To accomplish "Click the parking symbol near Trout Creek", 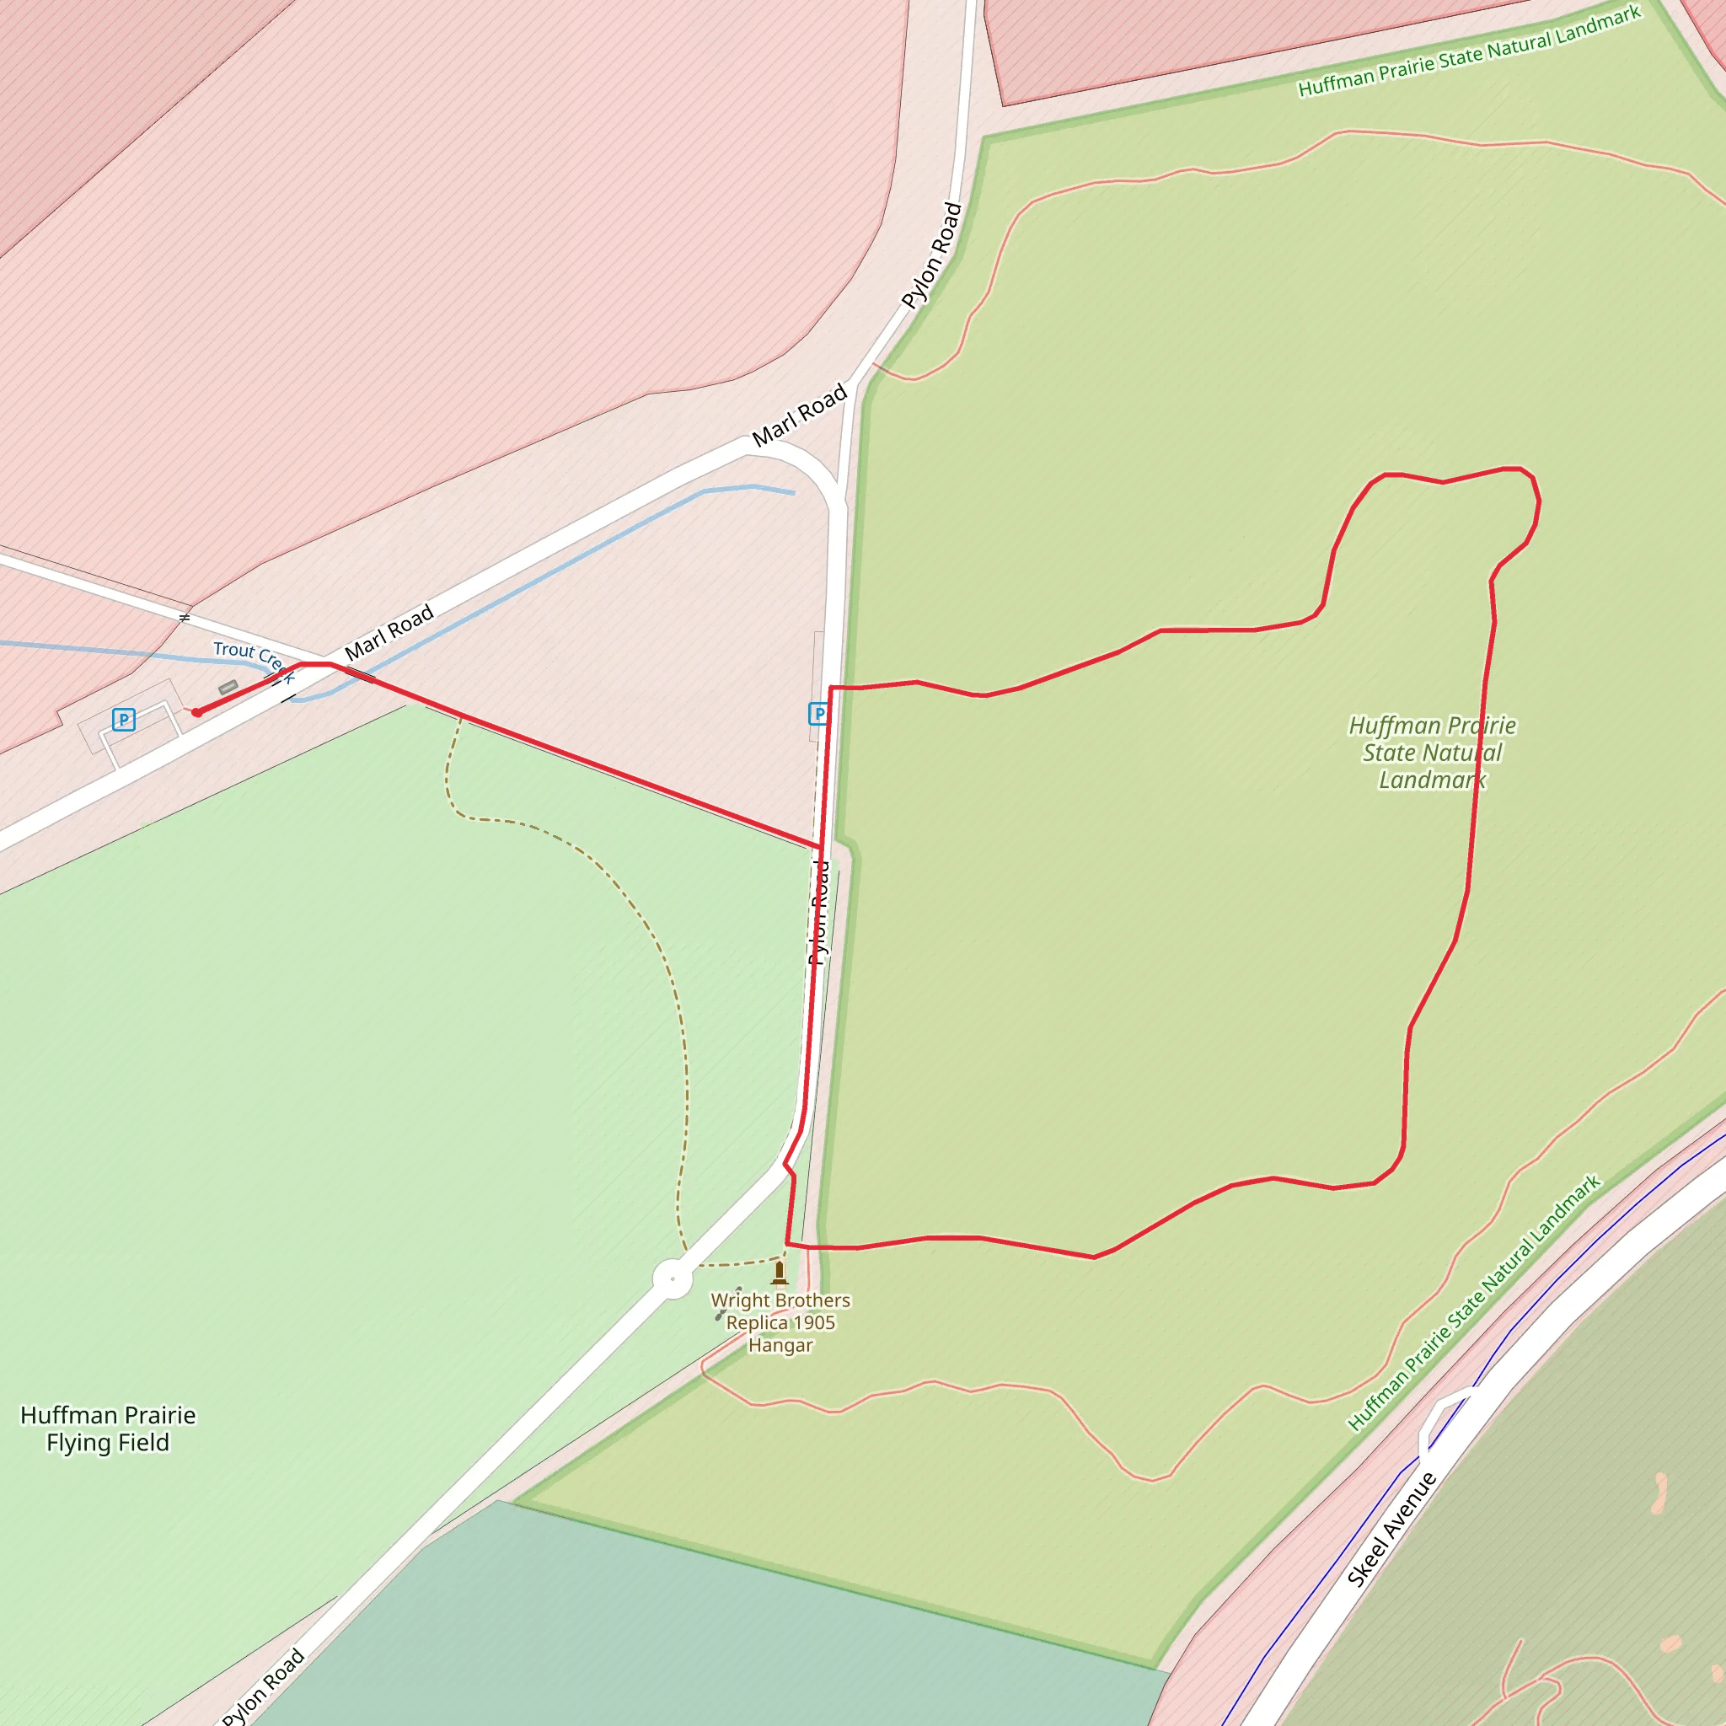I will point(123,719).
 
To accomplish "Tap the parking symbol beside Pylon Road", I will point(817,714).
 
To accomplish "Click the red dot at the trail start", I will point(196,712).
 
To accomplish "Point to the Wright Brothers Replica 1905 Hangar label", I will point(780,1322).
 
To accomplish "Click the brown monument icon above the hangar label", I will point(779,1272).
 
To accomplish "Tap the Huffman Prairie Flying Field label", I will point(107,1429).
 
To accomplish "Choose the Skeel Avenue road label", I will point(1390,1530).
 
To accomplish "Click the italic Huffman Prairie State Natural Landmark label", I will point(1431,753).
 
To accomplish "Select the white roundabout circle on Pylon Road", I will point(672,1279).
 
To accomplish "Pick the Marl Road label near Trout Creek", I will point(389,631).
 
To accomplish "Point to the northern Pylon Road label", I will point(932,255).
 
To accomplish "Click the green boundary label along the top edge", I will point(1469,51).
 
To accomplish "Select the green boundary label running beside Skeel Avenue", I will point(1474,1303).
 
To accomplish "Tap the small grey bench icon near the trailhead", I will point(228,687).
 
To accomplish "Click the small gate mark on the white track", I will point(184,617).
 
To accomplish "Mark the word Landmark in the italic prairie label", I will point(1431,780).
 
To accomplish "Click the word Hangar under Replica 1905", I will point(780,1344).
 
